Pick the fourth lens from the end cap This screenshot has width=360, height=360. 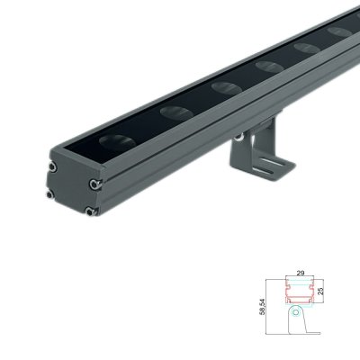point(269,67)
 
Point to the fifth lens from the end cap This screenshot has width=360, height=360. point(306,49)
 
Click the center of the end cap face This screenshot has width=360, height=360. point(72,190)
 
